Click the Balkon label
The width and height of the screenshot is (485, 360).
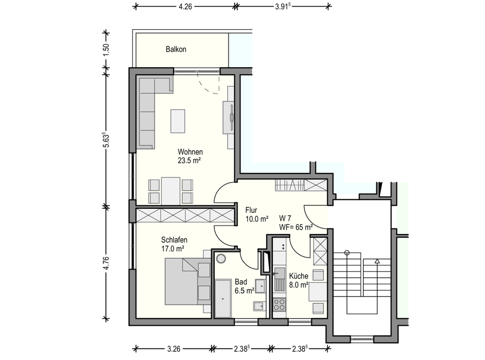coord(176,49)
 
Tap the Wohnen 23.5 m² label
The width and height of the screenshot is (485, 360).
coord(190,156)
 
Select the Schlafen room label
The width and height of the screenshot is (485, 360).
coord(174,240)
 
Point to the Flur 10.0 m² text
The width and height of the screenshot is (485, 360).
coord(257,214)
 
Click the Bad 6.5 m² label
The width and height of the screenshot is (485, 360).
coord(245,286)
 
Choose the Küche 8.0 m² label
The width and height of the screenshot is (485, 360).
coord(299,280)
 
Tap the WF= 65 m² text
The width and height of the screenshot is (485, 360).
coord(296,227)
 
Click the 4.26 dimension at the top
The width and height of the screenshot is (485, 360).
coord(185,7)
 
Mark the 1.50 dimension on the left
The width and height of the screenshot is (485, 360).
coord(107,50)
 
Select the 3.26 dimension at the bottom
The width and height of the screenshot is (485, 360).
coord(174,349)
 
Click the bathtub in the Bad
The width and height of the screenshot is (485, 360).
coord(223,298)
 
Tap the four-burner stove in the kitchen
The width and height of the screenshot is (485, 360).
coord(279,304)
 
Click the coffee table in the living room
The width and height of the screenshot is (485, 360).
coord(178,121)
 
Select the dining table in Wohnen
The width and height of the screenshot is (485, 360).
coord(171,191)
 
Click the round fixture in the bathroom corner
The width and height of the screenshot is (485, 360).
coord(221,258)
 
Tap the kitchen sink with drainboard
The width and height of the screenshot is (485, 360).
coord(279,280)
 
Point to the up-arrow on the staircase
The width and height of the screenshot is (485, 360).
coord(377,261)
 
